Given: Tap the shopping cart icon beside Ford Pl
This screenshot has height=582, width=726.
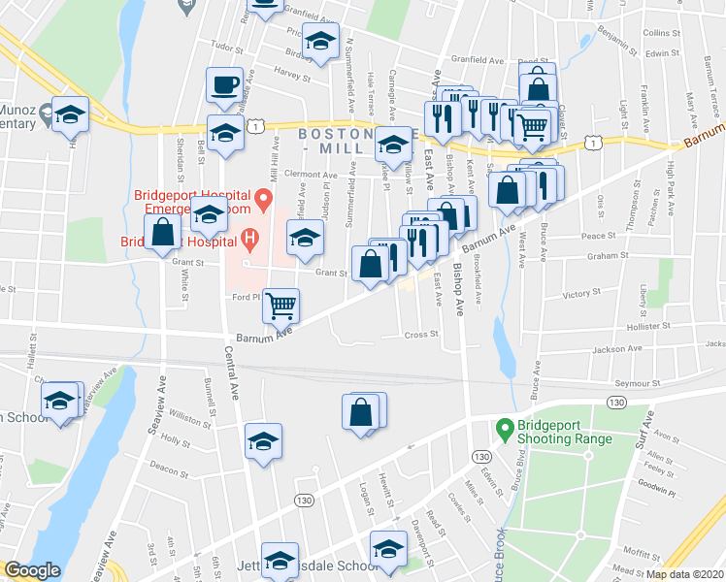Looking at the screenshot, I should point(280,305).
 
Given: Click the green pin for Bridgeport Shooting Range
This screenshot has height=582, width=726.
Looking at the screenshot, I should point(504,427).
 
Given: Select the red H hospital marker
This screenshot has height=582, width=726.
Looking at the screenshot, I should point(249,236).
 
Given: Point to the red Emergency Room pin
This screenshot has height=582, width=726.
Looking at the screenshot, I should point(261,201).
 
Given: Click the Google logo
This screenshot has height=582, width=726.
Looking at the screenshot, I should point(32,570).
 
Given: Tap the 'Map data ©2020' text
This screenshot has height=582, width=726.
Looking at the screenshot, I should point(685,574).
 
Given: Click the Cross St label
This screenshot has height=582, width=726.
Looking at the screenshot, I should point(421,335).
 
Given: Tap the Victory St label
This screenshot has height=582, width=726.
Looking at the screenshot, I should point(582,293).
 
